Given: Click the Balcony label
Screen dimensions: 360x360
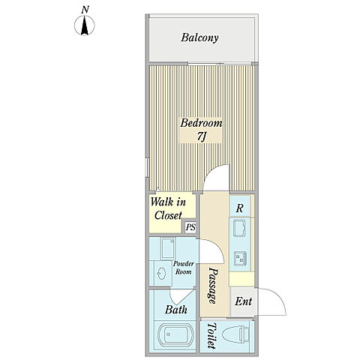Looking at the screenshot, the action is [199, 37].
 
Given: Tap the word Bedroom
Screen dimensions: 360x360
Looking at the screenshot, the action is [201, 123].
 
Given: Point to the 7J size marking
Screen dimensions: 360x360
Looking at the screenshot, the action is [201, 137].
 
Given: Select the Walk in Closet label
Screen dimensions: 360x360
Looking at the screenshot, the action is [168, 208].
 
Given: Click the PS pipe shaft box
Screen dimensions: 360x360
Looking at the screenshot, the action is [190, 227].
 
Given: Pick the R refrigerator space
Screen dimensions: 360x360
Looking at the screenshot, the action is [239, 208].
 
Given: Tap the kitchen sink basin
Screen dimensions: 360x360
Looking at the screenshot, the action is [239, 228].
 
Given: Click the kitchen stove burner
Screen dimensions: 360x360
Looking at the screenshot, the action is [241, 259].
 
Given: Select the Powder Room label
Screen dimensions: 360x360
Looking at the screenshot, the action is [183, 268].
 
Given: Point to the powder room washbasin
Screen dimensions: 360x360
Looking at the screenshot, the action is [160, 274].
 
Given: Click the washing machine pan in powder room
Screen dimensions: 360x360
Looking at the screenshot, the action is [167, 249].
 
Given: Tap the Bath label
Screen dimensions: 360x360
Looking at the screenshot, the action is [176, 310].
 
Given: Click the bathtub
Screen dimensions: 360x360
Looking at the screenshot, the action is [176, 335].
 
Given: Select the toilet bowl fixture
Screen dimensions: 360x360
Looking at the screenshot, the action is [236, 335].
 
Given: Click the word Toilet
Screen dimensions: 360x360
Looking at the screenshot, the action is [211, 335].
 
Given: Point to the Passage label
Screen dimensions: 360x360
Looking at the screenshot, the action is [212, 286].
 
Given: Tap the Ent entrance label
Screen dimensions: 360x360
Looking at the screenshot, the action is [243, 301].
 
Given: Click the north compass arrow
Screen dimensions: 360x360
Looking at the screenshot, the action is [85, 25].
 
